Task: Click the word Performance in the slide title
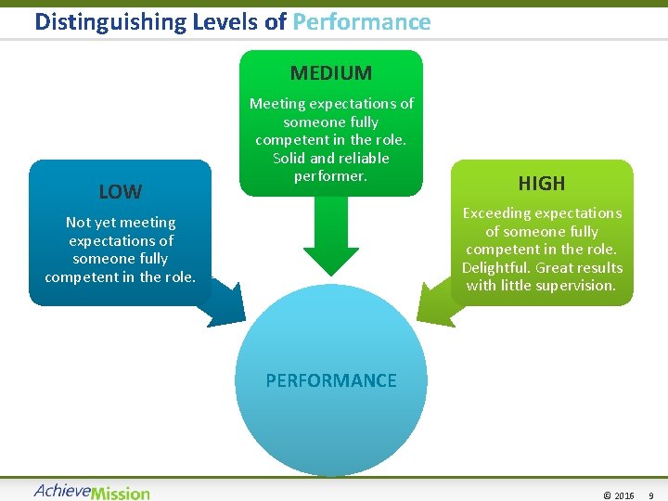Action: (362, 21)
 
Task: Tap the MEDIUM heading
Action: (331, 72)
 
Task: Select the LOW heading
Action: (121, 192)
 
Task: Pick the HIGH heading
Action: (542, 183)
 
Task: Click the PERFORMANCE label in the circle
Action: (331, 380)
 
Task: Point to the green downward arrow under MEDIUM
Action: (331, 238)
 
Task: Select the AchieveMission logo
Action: (92, 492)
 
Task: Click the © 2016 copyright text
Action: (618, 495)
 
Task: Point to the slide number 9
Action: (651, 495)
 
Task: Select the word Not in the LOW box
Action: (77, 223)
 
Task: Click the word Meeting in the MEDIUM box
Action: (276, 104)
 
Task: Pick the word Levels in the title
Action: (225, 21)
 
